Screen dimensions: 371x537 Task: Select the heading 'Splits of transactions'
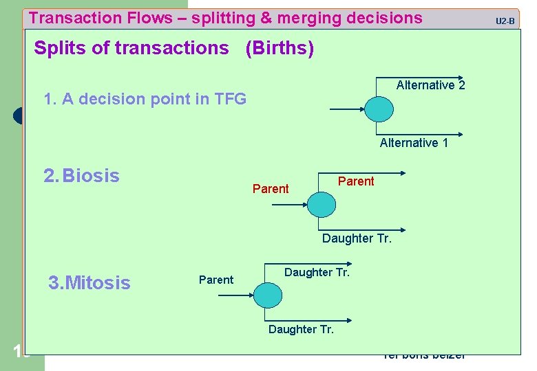tap(131, 49)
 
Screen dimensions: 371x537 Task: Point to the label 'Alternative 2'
tap(430, 85)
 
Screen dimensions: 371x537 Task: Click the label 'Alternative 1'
tap(414, 143)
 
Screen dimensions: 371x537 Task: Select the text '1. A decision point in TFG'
tap(145, 99)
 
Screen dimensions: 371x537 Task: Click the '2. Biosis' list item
tap(81, 176)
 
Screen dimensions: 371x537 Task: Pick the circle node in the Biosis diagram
tap(319, 204)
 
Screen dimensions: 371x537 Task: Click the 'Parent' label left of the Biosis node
tap(271, 189)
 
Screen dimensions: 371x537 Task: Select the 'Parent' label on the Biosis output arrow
tap(356, 181)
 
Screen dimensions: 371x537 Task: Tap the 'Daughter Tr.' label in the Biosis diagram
tap(357, 239)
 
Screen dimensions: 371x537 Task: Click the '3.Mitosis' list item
tap(89, 282)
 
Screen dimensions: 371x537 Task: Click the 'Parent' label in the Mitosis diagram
tap(216, 280)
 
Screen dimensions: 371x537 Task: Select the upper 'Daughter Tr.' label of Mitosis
tap(317, 273)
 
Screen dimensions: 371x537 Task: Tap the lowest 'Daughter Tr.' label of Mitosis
tap(301, 330)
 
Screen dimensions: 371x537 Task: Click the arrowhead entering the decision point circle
tap(360, 109)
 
